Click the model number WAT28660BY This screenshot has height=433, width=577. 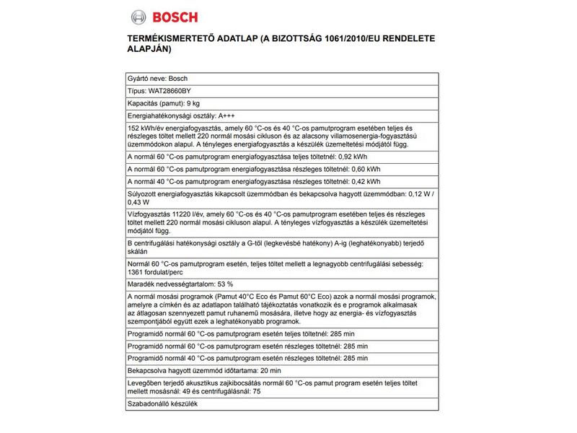tap(170, 91)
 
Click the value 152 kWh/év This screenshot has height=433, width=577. tap(146, 128)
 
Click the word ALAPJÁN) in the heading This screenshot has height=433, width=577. tap(147, 50)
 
